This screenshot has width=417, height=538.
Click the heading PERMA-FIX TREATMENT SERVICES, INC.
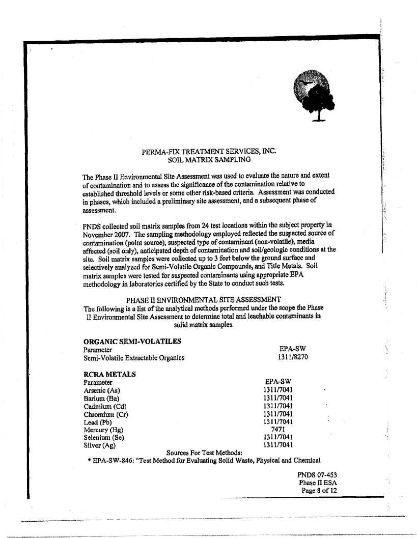pos(209,151)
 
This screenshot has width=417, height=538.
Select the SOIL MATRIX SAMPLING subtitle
pos(209,159)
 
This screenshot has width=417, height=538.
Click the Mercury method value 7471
pos(278,430)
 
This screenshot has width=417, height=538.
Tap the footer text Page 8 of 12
pos(319,491)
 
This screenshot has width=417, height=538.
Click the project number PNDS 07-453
pos(317,475)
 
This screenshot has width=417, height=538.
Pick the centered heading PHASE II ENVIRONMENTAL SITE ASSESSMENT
pos(203,299)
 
